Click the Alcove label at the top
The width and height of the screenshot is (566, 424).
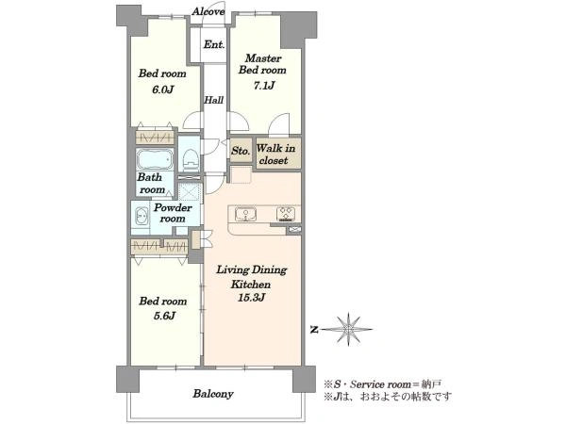tap(208, 11)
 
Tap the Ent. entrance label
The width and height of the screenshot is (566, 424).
tap(214, 44)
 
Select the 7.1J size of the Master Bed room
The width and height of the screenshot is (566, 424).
tap(264, 86)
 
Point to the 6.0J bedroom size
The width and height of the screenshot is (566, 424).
tap(163, 90)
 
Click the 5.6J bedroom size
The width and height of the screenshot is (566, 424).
tap(164, 316)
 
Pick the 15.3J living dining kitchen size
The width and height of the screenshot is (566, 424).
tap(251, 298)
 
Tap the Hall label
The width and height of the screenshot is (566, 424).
tap(214, 100)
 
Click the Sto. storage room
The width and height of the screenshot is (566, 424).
tap(241, 150)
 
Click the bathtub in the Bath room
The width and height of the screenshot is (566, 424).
tap(155, 159)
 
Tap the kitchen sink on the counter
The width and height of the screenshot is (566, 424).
tap(245, 214)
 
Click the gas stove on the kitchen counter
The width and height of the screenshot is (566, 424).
tap(288, 214)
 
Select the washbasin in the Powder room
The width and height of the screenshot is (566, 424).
tap(141, 218)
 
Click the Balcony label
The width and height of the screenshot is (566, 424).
tap(213, 394)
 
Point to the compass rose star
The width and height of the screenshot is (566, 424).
tap(348, 329)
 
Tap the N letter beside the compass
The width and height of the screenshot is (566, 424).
tap(315, 329)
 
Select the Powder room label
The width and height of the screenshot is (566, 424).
tap(173, 213)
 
